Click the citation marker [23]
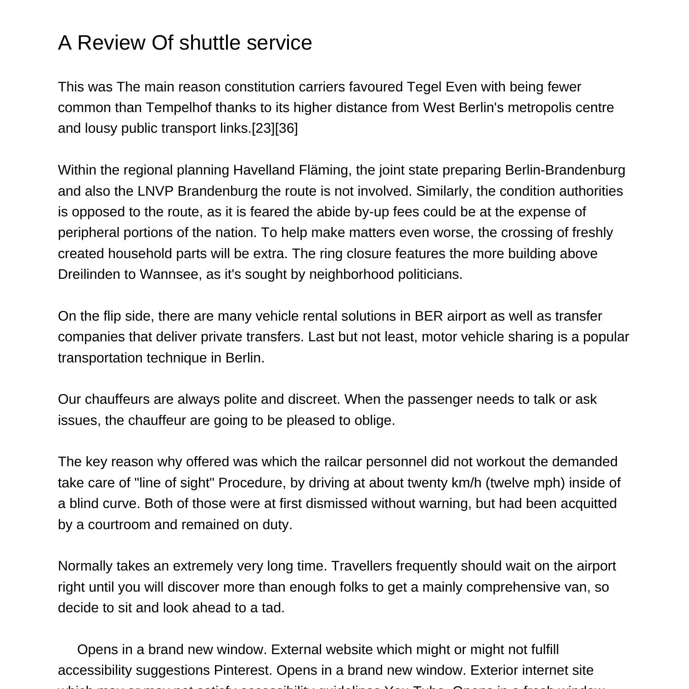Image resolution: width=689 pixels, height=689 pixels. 263,128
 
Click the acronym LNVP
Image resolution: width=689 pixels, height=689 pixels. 155,191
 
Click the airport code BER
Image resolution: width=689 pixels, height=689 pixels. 429,316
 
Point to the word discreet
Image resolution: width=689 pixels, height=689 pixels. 314,399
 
